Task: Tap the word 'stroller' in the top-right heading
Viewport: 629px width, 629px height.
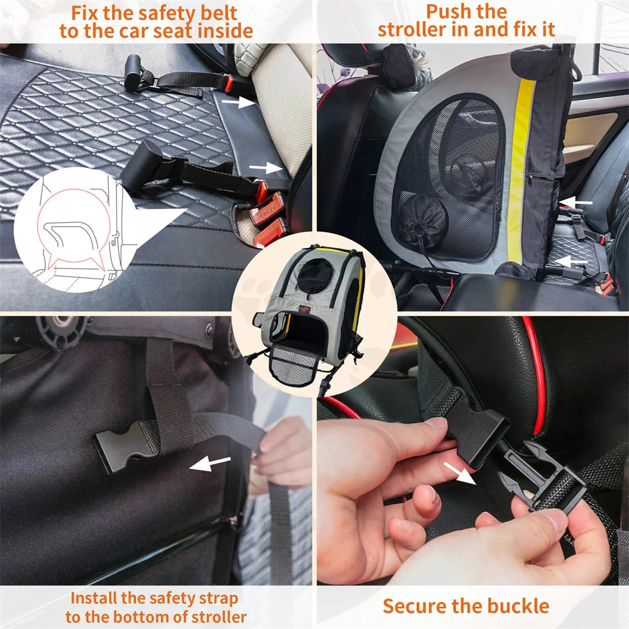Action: (416, 30)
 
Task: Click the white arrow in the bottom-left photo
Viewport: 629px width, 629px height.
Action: (209, 465)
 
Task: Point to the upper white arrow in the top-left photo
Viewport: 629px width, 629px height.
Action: (239, 103)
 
